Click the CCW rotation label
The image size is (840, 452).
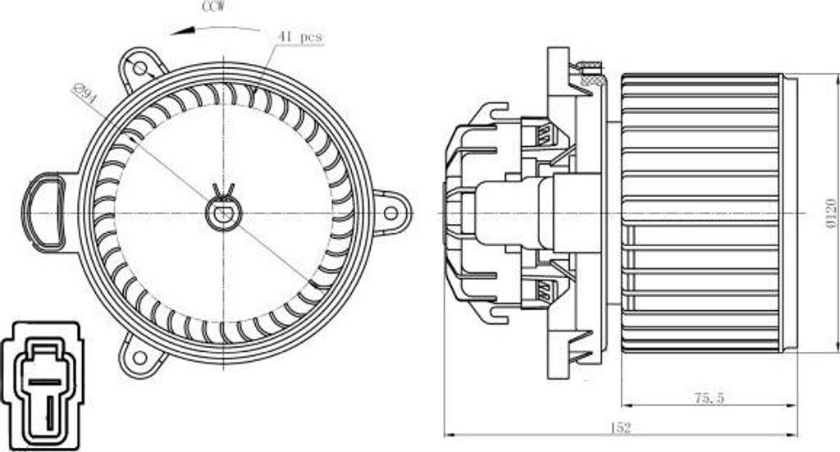click(x=216, y=6)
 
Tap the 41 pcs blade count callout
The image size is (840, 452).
click(x=300, y=37)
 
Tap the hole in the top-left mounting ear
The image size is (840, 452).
click(x=139, y=68)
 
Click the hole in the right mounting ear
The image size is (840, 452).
click(x=390, y=213)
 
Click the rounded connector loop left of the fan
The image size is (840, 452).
click(x=43, y=210)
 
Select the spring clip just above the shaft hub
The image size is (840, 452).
click(x=223, y=193)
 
